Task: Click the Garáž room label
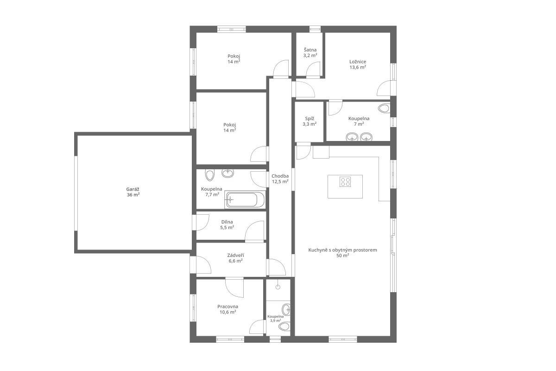point(133,189)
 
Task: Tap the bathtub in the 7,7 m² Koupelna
point(245,199)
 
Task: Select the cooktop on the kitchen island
point(345,181)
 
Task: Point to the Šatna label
point(310,50)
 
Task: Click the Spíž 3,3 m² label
point(310,121)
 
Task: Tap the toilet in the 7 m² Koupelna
point(384,109)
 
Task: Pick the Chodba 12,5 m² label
point(280,179)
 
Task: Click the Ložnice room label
point(358,62)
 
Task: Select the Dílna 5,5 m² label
point(227,224)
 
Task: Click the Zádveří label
point(235,255)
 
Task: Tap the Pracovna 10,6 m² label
point(227,309)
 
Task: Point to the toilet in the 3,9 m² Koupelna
point(284,326)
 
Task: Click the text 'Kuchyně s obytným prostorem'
point(342,250)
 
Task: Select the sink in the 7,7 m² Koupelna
point(227,173)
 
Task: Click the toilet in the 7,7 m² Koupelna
point(210,175)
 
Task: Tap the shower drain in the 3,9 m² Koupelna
point(278,287)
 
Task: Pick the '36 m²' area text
point(133,195)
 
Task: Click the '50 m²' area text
point(342,256)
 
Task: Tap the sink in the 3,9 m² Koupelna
point(286,310)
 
